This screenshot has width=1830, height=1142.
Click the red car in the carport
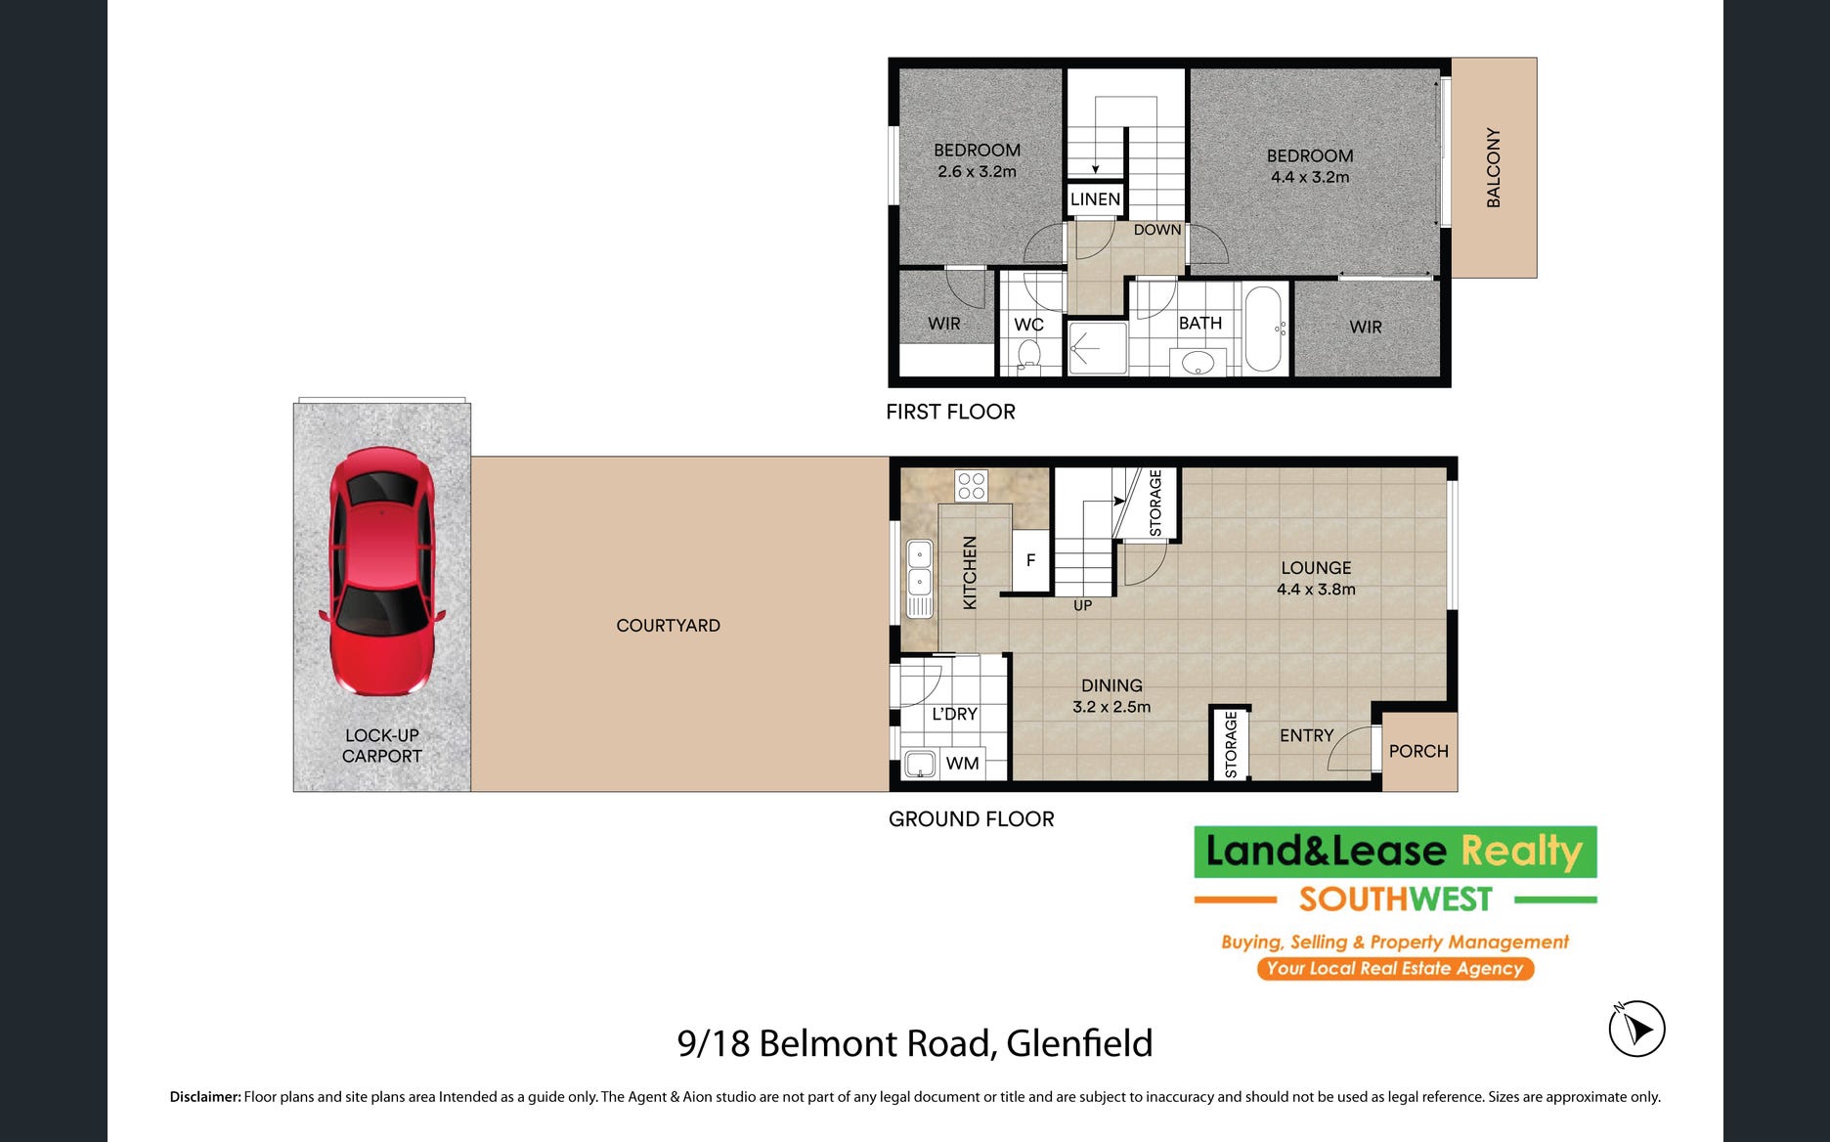coord(381,571)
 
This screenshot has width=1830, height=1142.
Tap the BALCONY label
coord(1493,167)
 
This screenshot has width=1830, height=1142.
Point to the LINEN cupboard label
coord(1095,199)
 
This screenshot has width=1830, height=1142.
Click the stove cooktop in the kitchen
coord(971,486)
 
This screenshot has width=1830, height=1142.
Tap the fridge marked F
coord(1030,560)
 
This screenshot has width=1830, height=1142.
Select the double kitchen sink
coord(920,579)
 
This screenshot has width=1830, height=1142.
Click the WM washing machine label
coord(963,764)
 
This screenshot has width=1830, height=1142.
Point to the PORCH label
coord(1418,751)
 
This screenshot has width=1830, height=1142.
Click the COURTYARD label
coord(668,626)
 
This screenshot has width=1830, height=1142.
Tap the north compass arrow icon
coord(1636,1029)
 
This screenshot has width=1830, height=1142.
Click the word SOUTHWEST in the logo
coord(1395,899)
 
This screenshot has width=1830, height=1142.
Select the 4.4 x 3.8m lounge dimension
coord(1316,590)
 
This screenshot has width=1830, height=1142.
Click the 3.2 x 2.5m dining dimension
coord(1111,707)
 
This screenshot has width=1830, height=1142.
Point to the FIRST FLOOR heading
coord(950,412)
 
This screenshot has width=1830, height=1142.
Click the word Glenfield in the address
coord(1079,1043)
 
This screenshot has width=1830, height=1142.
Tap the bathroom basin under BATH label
coord(1198,364)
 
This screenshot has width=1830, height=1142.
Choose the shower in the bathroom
coord(1097,348)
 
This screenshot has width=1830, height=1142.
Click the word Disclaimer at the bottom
coord(205,1097)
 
